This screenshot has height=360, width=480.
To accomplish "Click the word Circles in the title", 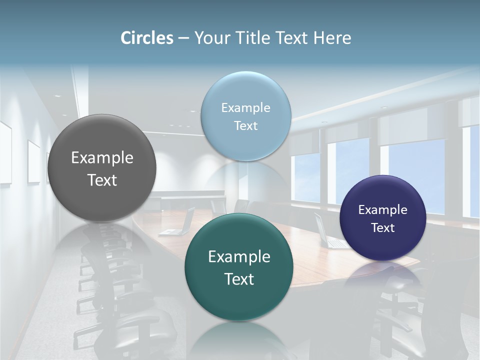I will (147, 38).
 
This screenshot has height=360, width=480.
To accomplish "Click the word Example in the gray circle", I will (102, 158).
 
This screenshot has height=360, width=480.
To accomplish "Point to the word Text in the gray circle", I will (102, 180).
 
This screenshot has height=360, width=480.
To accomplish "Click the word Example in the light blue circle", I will (246, 108).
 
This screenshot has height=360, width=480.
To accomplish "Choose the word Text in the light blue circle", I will (246, 126).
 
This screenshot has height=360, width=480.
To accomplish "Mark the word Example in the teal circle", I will (239, 257).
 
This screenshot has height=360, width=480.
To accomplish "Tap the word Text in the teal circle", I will (239, 279).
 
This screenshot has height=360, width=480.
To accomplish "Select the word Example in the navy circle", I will (383, 210).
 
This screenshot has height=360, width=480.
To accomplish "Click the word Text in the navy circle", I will (383, 228).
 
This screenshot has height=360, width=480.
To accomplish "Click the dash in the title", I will (183, 38).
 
